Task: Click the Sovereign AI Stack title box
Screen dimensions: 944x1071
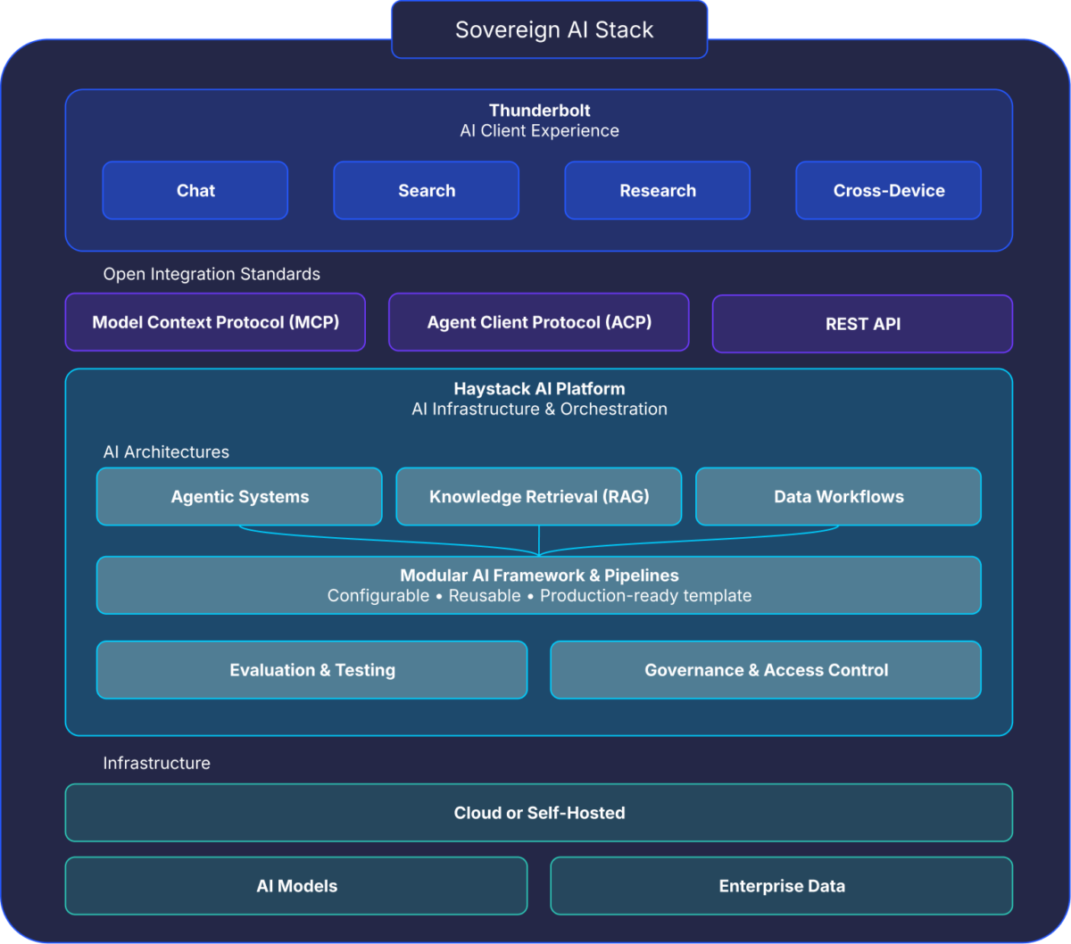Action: (549, 29)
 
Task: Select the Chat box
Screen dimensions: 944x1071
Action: (195, 190)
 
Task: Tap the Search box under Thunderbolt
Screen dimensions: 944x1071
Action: (426, 190)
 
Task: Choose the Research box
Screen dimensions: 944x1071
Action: (657, 190)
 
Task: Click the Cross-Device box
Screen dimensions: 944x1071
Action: (888, 190)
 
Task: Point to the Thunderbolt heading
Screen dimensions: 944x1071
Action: (539, 111)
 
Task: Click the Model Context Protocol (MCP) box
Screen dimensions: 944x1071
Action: (215, 322)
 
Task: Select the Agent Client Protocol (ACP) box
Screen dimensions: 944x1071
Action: (539, 322)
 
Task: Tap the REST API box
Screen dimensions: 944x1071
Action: (862, 324)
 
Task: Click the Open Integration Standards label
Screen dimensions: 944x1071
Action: (212, 274)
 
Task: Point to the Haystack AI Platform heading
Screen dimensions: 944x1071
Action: (539, 389)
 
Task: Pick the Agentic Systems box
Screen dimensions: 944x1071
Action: (239, 497)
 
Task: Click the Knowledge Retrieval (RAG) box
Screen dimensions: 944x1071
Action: (539, 497)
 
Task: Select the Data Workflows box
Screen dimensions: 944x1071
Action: (838, 497)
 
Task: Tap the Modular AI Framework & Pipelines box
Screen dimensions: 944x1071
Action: (539, 585)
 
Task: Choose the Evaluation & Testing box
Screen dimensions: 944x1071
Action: (311, 670)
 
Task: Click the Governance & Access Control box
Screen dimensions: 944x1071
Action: (766, 670)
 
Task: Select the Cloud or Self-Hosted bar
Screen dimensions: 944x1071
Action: (539, 813)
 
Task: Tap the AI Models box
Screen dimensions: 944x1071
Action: (296, 886)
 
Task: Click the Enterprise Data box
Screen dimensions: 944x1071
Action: (781, 886)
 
